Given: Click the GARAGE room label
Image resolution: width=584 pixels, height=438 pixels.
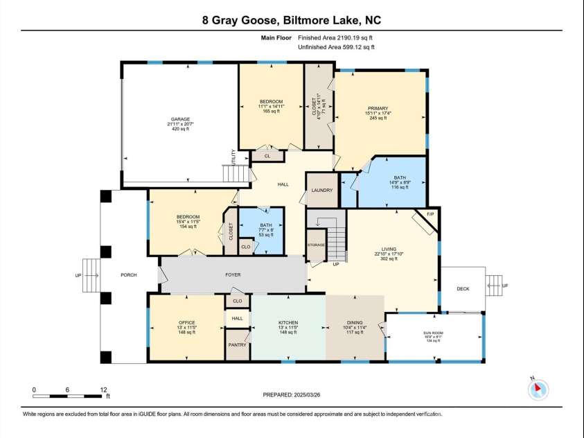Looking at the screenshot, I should click(180, 119).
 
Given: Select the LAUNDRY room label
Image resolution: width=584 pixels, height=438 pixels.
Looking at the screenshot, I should click(322, 191).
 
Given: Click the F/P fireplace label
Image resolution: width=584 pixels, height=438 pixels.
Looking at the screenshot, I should click(430, 213).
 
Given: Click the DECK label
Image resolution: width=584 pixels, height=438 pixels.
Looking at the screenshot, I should click(463, 289).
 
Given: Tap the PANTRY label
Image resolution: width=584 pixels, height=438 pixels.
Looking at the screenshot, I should click(237, 344).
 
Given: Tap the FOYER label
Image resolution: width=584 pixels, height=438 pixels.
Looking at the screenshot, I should click(233, 275).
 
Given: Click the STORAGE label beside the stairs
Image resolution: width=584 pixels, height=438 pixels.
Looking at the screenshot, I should click(316, 245).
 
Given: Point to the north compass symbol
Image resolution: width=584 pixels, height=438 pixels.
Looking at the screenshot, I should click(537, 389).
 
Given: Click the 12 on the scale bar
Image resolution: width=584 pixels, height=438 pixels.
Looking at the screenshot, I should click(103, 389).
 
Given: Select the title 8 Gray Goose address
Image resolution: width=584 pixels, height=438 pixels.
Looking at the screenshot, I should click(292, 21).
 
